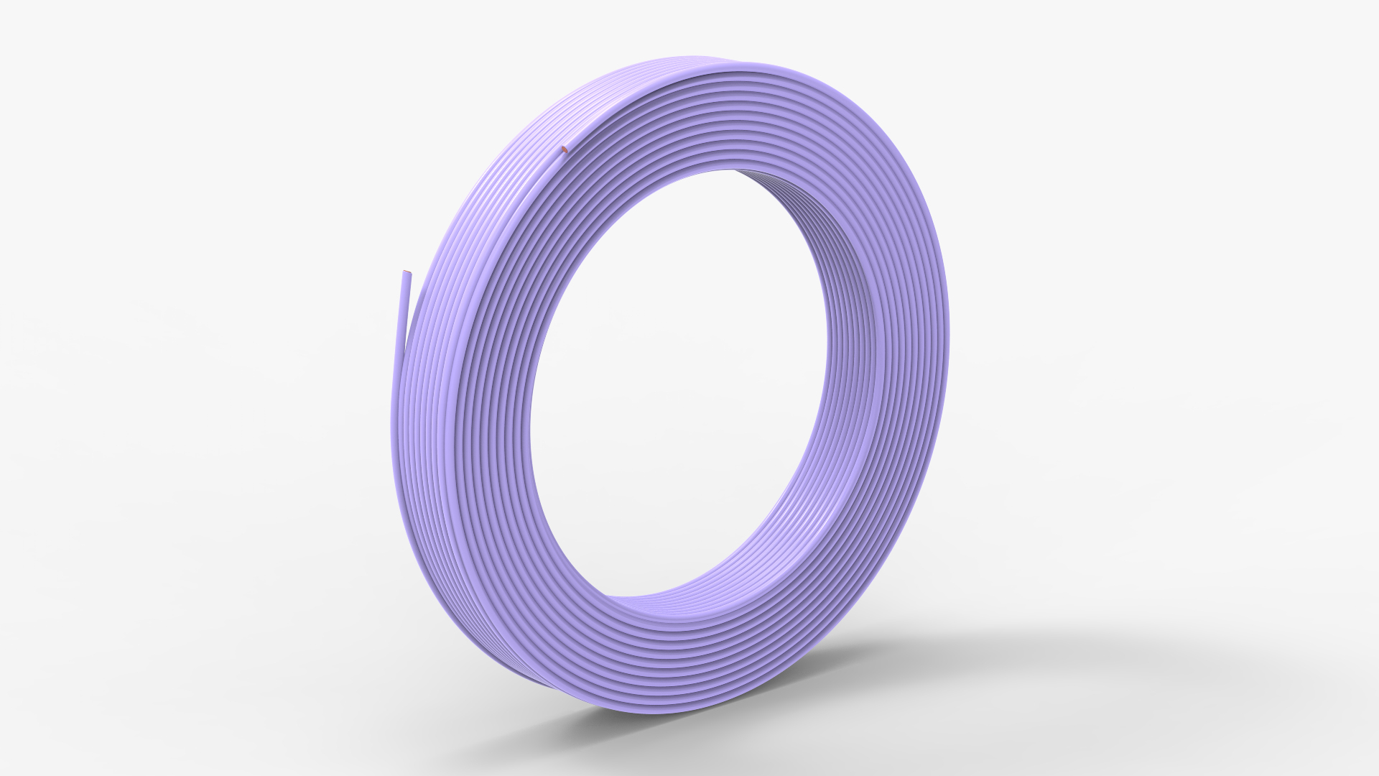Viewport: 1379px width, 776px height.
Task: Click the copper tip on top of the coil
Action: click(x=565, y=150)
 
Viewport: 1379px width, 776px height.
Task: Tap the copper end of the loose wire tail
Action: click(x=407, y=272)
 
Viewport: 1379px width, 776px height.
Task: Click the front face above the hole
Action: click(x=718, y=115)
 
